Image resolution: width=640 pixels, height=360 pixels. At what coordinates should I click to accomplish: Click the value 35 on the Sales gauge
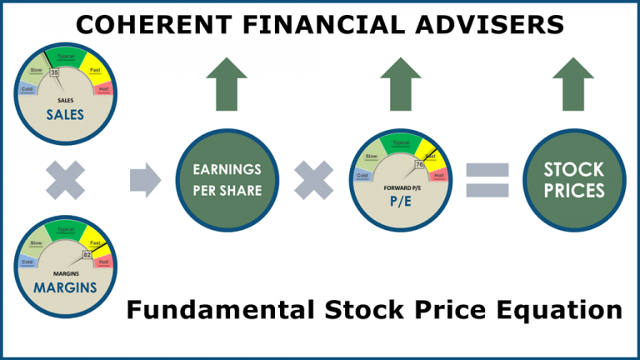(55, 73)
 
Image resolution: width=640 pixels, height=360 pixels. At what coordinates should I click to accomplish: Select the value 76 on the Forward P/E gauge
(419, 165)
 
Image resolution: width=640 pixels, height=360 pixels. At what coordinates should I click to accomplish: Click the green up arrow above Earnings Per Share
(227, 84)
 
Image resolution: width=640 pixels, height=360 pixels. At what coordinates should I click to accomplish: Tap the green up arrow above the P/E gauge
(401, 84)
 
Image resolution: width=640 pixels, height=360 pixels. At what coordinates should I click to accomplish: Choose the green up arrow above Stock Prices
(573, 84)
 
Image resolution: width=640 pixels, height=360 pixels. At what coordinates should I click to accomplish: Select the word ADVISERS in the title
(496, 25)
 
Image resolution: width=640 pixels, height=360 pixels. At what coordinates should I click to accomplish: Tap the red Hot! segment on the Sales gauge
(104, 85)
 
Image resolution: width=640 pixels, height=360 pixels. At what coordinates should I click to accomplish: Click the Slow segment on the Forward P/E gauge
(371, 156)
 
